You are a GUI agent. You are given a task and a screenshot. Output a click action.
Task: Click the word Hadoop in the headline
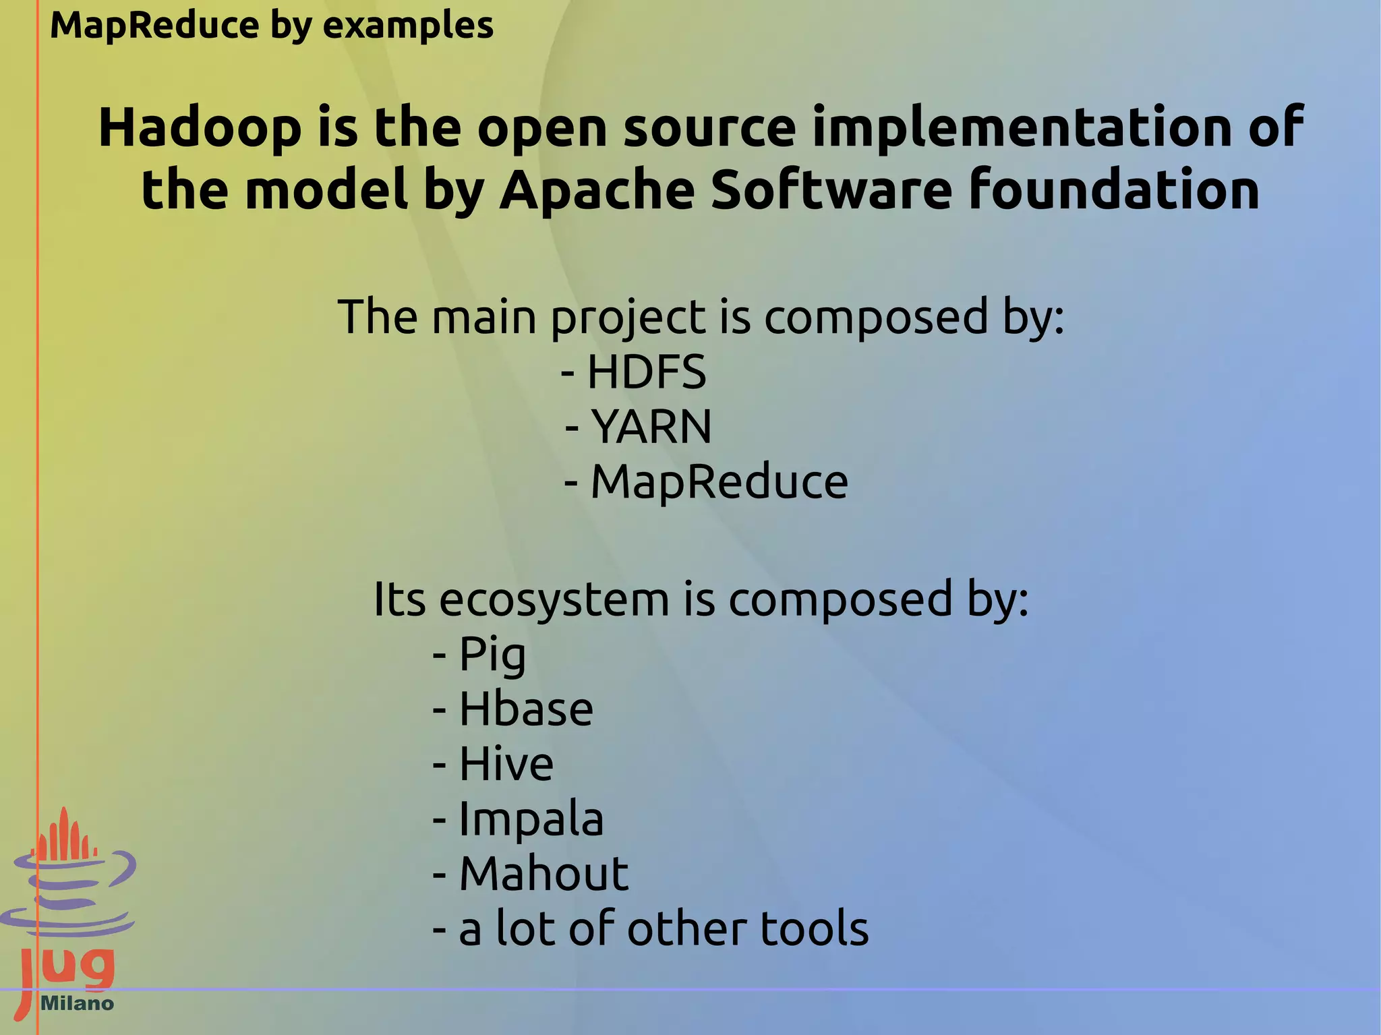200,128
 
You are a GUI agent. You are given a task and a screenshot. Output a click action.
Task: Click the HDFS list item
646,372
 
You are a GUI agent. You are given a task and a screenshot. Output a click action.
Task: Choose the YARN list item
651,427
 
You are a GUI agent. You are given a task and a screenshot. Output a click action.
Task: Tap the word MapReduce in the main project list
719,482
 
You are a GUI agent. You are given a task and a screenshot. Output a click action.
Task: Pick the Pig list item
492,654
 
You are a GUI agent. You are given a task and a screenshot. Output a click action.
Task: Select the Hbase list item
526,709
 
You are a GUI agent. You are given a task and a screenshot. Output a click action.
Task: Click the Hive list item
506,764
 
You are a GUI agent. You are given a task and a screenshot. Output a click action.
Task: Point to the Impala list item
531,819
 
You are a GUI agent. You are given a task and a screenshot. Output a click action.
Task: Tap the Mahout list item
543,874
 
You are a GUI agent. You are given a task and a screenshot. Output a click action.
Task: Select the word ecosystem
553,599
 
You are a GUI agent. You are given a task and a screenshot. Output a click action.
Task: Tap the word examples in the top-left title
408,26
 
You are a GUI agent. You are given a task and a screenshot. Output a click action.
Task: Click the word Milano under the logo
77,1003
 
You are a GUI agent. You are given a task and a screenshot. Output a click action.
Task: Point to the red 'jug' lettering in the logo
67,968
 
